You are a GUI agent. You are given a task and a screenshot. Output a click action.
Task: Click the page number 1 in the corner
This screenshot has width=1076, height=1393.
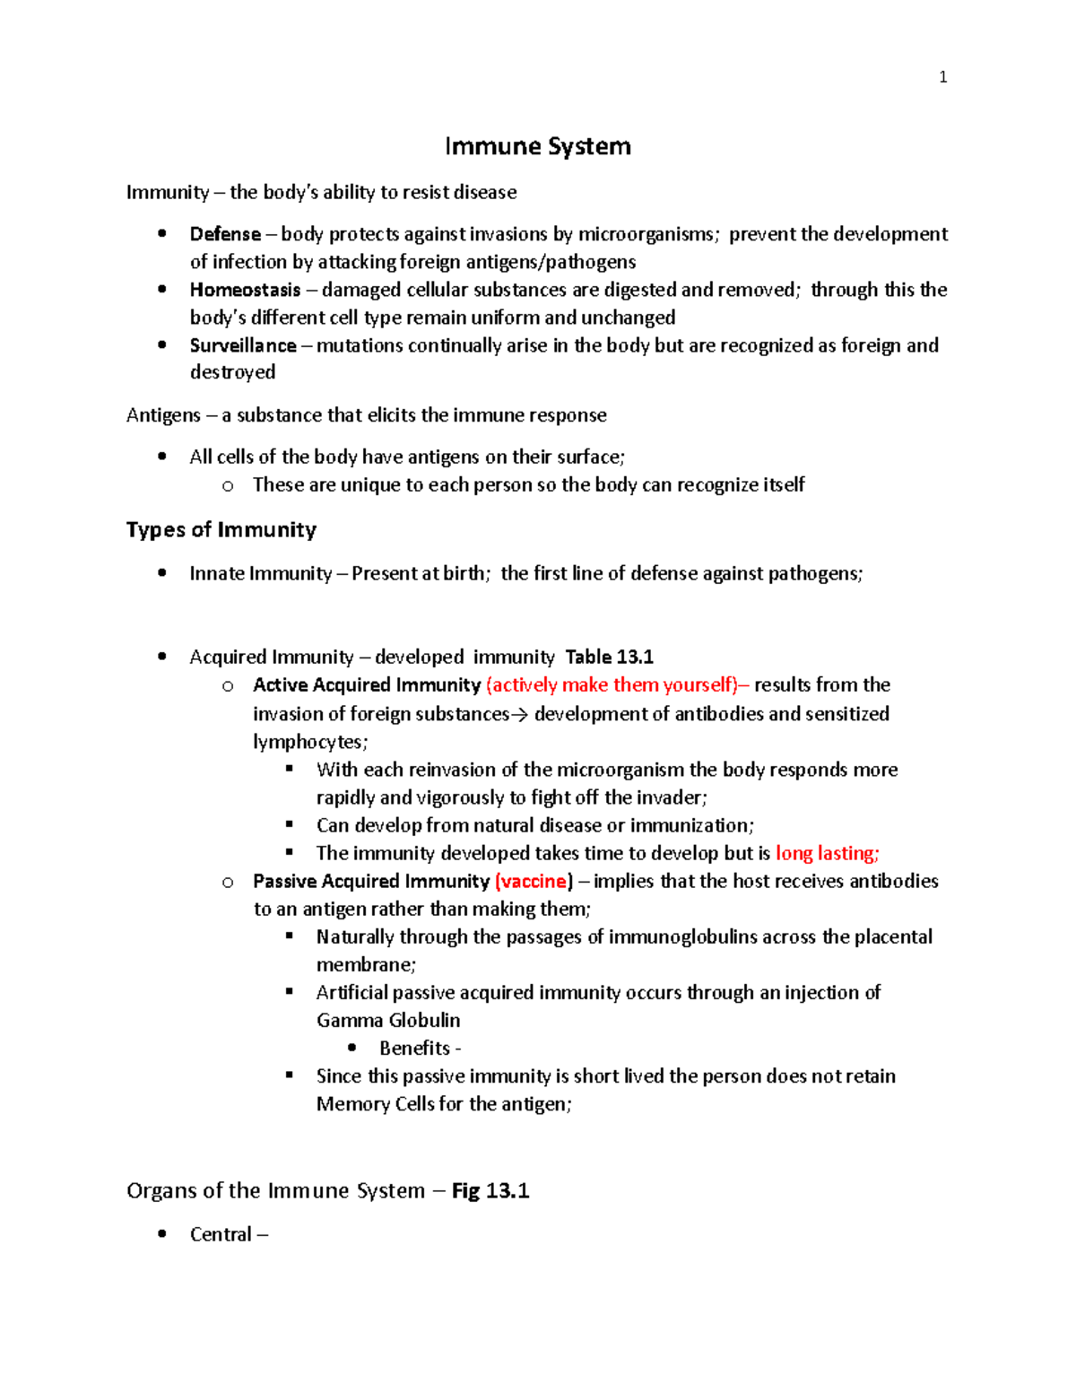point(942,77)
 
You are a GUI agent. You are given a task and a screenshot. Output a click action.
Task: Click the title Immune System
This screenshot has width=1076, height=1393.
point(538,146)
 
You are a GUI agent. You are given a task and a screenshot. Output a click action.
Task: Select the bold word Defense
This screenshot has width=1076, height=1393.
point(225,234)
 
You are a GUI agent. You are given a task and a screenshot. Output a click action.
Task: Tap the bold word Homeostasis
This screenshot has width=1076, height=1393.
point(245,290)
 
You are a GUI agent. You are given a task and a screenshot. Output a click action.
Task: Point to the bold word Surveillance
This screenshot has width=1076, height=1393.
point(243,345)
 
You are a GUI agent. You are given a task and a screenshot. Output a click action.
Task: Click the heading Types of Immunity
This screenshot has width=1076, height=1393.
point(221,530)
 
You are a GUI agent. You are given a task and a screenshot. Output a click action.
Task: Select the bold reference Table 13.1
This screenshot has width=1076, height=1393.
point(609,657)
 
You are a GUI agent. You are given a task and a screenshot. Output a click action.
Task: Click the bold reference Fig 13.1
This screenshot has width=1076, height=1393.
point(490,1190)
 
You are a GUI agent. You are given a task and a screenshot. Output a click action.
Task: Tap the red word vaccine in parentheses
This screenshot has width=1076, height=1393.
point(534,881)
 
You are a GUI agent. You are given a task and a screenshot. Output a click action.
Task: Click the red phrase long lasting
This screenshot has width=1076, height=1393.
point(826,853)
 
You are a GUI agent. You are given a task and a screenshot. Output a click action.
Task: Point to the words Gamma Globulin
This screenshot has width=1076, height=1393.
point(388,1020)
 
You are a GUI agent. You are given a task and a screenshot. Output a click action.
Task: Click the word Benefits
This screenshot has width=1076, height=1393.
point(415,1048)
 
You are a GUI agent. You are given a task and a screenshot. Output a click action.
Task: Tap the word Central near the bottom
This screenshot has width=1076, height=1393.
point(221,1234)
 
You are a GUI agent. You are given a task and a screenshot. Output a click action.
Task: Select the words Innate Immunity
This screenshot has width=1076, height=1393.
point(261,573)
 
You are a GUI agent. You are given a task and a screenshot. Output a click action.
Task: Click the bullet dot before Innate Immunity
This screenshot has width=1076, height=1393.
point(162,573)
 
